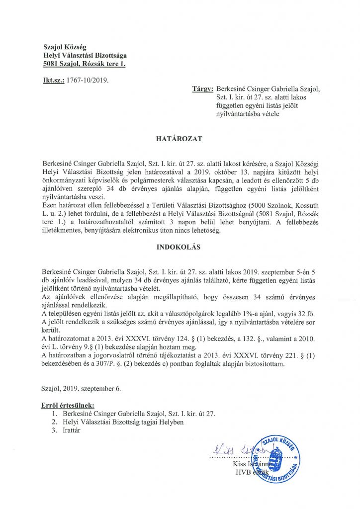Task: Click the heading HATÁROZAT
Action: point(180,139)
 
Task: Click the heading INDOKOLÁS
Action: point(180,247)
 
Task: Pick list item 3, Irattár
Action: point(69,431)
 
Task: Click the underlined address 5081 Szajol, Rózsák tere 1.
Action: point(85,64)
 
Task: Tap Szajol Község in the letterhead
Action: point(65,47)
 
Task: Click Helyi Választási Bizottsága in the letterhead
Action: point(85,55)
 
